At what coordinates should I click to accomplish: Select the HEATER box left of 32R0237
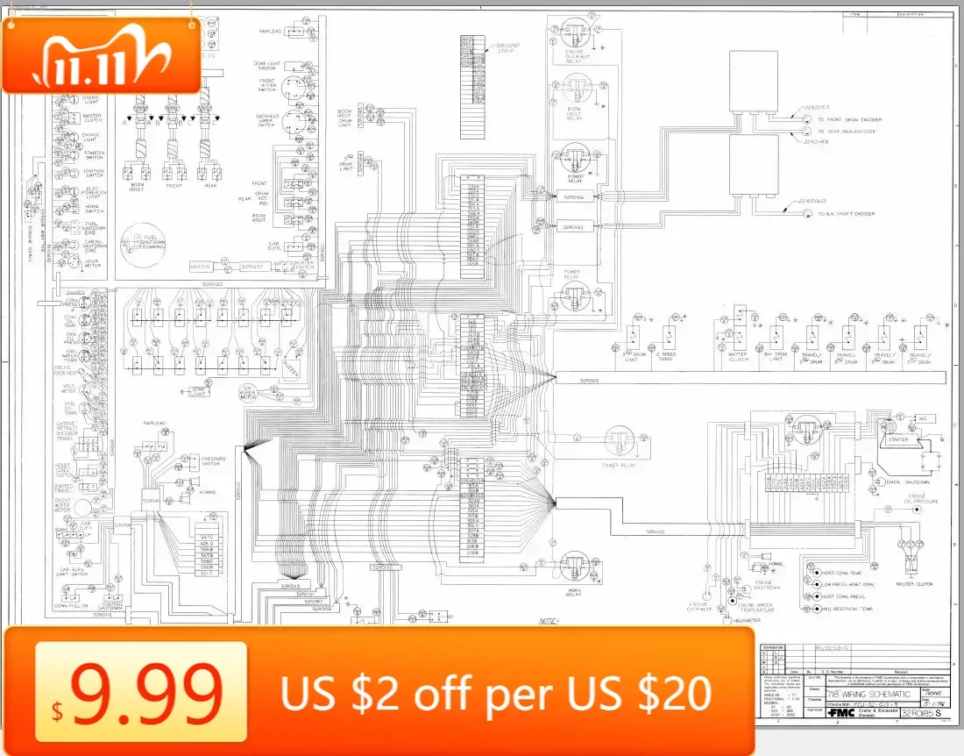pos(201,267)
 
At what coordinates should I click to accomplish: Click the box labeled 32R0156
pos(573,197)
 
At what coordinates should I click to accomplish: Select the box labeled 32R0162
pos(573,226)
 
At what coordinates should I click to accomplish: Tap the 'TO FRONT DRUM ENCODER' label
pos(849,119)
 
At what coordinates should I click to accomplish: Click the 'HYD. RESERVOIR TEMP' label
pos(848,609)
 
